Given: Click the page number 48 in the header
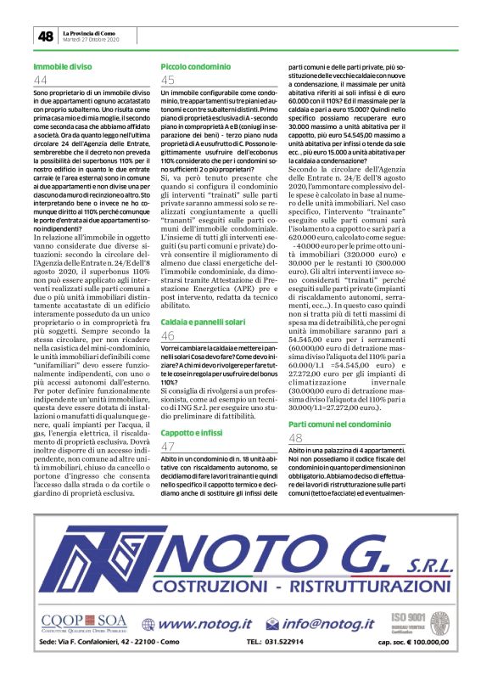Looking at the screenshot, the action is pyautogui.click(x=44, y=36).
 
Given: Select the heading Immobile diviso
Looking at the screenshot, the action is pyautogui.click(x=63, y=65).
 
